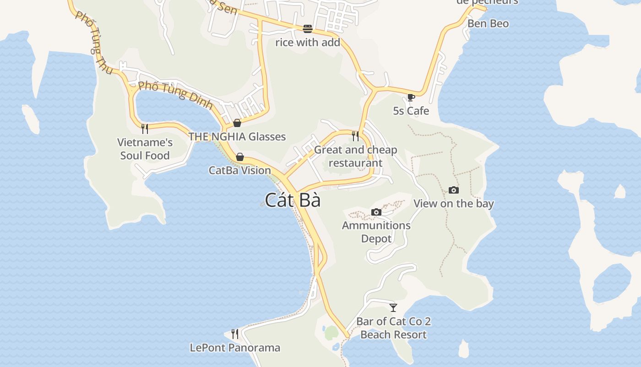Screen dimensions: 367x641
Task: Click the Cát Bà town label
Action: point(293,200)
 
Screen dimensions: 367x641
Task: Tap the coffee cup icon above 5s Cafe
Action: point(411,97)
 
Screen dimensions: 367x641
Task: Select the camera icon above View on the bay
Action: point(453,190)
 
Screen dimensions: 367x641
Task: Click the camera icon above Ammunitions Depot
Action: point(376,212)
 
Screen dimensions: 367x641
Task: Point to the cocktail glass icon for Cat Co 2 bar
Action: point(393,307)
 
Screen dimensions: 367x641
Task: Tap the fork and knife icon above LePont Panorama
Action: point(235,334)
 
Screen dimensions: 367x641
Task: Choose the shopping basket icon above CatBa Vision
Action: point(239,157)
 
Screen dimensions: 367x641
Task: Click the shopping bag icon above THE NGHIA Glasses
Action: point(237,123)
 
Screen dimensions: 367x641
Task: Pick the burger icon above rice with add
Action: point(308,29)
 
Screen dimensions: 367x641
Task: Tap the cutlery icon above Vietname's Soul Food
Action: point(145,128)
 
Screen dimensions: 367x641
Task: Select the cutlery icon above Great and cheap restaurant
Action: point(355,136)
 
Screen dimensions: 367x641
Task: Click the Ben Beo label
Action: point(488,23)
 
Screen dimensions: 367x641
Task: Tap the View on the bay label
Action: point(454,203)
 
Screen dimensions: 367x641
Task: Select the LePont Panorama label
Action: point(235,348)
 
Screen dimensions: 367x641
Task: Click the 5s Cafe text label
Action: point(411,111)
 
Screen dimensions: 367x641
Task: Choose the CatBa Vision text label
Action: point(240,170)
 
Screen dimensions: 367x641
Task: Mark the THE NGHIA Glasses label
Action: point(237,136)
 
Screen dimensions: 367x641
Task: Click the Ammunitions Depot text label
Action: point(376,232)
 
